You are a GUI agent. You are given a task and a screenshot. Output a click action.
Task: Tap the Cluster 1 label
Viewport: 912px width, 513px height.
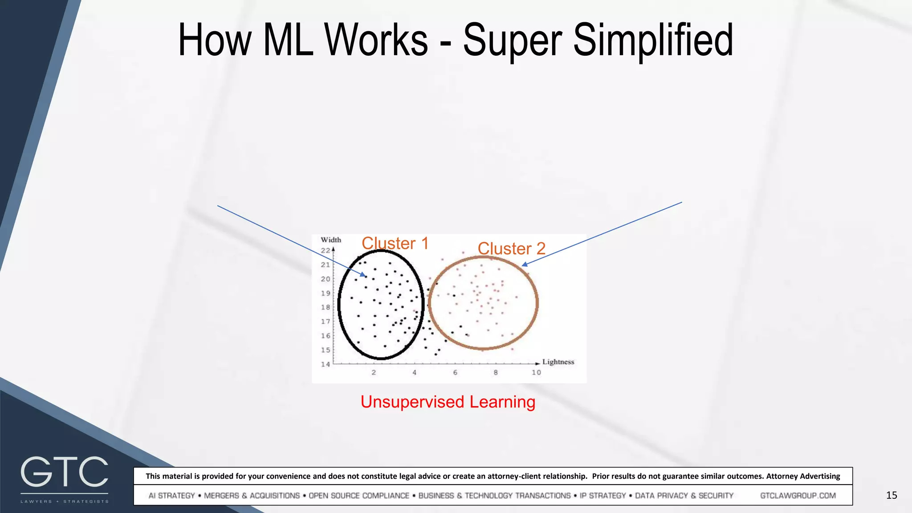[x=395, y=244]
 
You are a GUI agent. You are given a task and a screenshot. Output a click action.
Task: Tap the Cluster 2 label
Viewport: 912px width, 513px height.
[x=512, y=248]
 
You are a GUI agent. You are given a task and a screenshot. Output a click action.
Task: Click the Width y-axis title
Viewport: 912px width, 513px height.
[x=331, y=240]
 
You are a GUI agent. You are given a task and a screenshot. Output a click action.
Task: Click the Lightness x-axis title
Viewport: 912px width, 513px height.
[x=558, y=362]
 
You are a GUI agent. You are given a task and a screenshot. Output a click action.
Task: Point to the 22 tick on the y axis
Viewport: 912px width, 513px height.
[x=326, y=250]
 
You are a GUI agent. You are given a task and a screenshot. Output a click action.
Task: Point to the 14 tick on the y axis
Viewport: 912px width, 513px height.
[x=326, y=364]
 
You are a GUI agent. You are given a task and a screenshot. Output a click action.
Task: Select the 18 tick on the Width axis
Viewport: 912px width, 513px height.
[x=326, y=307]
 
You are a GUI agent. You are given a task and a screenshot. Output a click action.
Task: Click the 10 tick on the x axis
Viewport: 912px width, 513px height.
[x=536, y=372]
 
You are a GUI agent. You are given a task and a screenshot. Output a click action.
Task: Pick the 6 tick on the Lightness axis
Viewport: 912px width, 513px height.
[x=455, y=372]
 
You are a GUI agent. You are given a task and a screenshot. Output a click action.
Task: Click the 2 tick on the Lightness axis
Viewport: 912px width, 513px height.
[x=374, y=372]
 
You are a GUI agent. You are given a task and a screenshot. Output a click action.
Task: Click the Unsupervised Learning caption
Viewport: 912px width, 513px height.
[x=448, y=402]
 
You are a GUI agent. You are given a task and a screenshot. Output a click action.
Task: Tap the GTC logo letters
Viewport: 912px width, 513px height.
[x=65, y=472]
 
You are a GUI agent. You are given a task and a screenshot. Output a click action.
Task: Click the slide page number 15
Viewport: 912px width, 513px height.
[x=892, y=495]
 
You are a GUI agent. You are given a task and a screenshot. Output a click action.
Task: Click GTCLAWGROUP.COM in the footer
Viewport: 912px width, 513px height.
[x=798, y=496]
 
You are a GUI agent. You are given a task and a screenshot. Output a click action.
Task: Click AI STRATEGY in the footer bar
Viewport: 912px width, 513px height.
[x=171, y=496]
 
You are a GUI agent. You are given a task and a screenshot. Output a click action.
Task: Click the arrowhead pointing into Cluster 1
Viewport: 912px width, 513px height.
[x=363, y=275]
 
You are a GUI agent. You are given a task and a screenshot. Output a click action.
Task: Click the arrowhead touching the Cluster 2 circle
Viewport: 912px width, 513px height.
[x=525, y=265]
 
